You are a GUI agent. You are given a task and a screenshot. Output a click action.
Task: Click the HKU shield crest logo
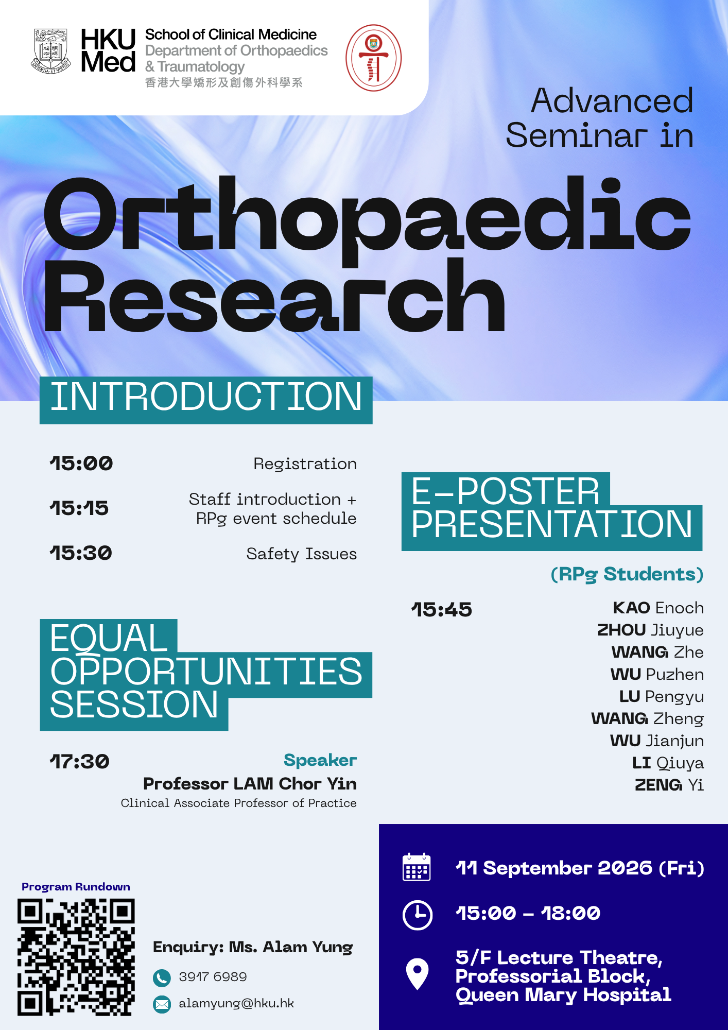[x=51, y=51]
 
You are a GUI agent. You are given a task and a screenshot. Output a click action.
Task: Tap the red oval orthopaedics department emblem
[x=373, y=58]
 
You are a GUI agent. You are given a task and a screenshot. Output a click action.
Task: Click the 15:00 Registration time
[x=81, y=463]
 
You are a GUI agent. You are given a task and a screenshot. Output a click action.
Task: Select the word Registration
[x=305, y=464]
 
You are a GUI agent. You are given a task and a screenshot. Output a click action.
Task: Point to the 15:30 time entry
[x=81, y=553]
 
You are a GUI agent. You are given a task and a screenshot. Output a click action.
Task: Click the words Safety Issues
[x=301, y=554]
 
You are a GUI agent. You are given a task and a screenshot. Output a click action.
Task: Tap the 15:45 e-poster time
[x=442, y=610]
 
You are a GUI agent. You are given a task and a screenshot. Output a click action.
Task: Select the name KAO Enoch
[x=658, y=608]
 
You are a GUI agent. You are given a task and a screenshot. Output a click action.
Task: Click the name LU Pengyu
[x=661, y=697]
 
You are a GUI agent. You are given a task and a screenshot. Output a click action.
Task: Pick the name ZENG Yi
[x=669, y=785]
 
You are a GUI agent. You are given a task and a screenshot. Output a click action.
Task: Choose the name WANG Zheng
[x=647, y=719]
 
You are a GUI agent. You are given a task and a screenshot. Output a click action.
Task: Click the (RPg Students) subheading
[x=627, y=574]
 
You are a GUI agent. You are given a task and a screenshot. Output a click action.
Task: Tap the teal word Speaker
[x=320, y=761]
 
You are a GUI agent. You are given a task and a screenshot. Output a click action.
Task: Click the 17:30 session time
[x=80, y=762]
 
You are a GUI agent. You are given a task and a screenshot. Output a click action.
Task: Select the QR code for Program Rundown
[x=76, y=957]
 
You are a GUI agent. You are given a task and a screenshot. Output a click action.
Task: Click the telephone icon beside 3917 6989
[x=162, y=977]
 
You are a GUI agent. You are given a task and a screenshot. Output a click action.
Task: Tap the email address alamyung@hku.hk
[x=236, y=1003]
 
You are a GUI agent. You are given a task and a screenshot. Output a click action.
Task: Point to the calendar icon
[x=417, y=867]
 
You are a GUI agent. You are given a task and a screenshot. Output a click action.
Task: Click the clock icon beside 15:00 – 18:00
[x=418, y=915]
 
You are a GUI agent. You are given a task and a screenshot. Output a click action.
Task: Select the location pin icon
[x=417, y=973]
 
